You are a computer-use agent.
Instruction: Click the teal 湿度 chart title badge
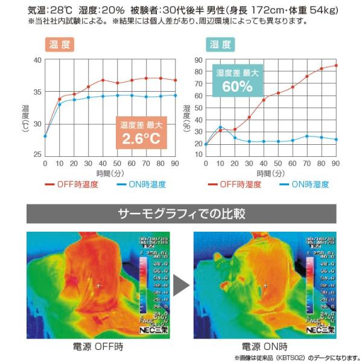[220, 45]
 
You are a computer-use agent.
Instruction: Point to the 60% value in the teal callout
[237, 86]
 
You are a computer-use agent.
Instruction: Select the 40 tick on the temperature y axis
[37, 60]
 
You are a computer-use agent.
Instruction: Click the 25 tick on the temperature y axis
[37, 154]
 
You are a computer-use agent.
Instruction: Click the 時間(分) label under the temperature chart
[109, 173]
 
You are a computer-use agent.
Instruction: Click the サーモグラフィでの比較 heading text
[181, 214]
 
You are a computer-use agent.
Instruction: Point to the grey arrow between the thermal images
[182, 284]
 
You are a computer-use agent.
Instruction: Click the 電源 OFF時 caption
[97, 347]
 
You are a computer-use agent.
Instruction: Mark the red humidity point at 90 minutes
[336, 65]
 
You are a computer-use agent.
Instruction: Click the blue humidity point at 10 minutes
[220, 127]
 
